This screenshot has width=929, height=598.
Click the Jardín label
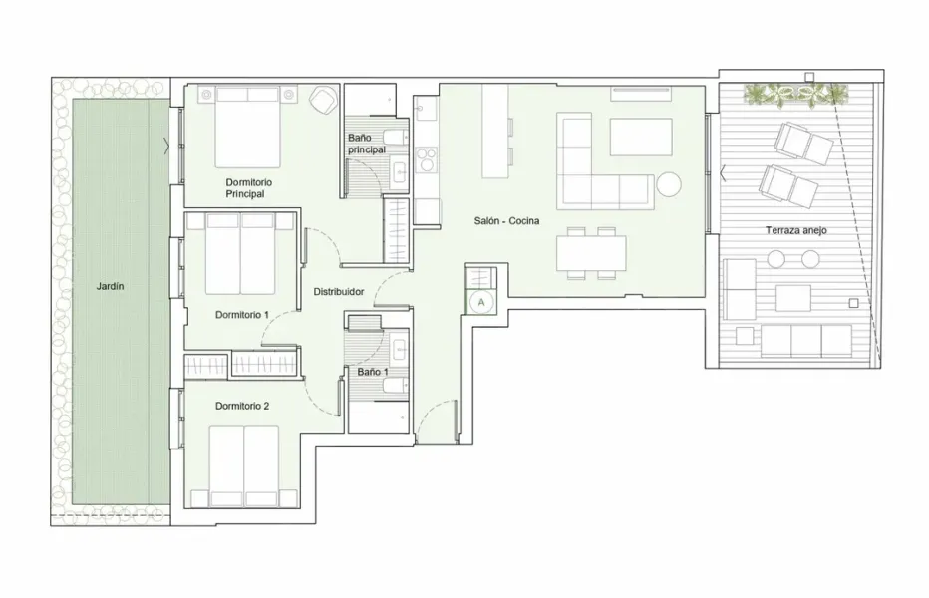point(110,286)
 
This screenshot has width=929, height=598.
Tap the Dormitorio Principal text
point(248,188)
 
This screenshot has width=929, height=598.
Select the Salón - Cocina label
point(505,221)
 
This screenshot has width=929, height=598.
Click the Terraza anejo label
point(795,230)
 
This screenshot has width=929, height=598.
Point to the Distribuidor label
point(338,292)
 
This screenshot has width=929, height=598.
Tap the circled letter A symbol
point(481,300)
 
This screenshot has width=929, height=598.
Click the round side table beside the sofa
point(667,184)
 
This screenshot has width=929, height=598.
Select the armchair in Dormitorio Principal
point(322,100)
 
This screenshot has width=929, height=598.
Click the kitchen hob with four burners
point(426,160)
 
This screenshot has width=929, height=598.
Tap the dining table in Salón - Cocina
point(592,251)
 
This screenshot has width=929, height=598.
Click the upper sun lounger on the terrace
point(804,145)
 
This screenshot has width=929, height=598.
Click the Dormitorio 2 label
point(241,406)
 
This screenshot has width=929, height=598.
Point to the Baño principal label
point(365,144)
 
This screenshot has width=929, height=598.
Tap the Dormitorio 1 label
point(241,314)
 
